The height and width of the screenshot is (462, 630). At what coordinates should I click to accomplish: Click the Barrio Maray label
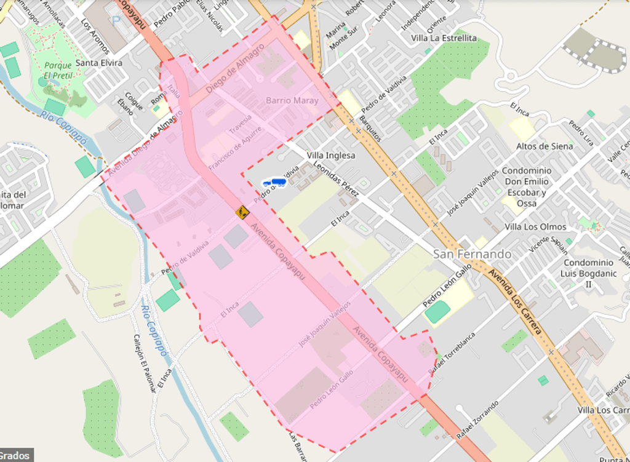[x=292, y=100]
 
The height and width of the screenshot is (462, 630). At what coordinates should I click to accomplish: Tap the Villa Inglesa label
[x=331, y=156]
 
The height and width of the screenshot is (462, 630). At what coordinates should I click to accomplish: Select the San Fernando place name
[x=472, y=254]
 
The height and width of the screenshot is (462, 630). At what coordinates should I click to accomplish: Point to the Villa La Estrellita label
[x=444, y=38]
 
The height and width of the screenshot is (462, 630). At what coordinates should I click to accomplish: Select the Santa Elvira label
[x=99, y=63]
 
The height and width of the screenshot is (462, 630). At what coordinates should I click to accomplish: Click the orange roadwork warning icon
[x=242, y=212]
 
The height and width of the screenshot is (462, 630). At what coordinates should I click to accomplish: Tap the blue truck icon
[x=274, y=182]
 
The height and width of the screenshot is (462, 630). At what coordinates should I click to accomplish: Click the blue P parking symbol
[x=116, y=20]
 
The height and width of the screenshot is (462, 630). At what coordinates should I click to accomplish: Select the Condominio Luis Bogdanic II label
[x=588, y=273]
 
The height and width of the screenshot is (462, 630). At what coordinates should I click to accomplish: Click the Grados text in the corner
[x=15, y=456]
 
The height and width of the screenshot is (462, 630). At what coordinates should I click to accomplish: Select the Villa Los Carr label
[x=603, y=410]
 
